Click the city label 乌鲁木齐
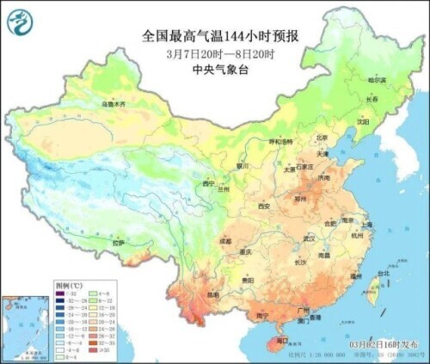click(x=114, y=104)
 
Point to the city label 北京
click(x=322, y=137)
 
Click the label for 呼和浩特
click(x=279, y=141)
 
